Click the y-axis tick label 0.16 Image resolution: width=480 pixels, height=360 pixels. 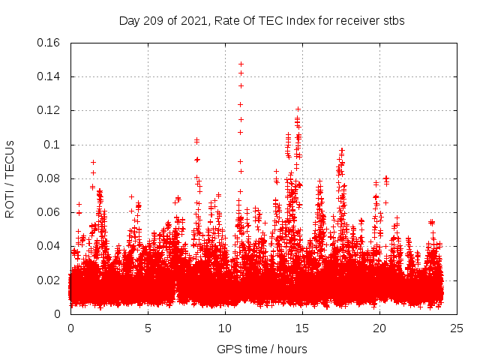(x=50, y=43)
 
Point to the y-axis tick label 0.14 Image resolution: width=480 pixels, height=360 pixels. (x=50, y=76)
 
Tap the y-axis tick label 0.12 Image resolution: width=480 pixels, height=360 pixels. (x=50, y=110)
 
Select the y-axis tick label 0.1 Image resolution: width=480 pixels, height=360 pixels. (x=53, y=145)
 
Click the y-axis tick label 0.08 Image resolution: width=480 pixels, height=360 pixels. (x=50, y=178)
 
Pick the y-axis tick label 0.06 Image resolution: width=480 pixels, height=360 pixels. (x=50, y=212)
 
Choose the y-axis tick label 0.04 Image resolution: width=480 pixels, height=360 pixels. (x=50, y=246)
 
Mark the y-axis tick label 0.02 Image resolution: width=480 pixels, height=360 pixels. (x=50, y=280)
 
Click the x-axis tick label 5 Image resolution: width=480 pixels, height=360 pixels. (x=148, y=328)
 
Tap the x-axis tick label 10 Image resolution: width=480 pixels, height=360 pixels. (x=225, y=328)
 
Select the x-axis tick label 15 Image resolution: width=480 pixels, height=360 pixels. (x=302, y=328)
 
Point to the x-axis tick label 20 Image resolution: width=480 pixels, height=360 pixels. (x=379, y=328)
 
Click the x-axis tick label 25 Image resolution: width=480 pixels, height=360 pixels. (x=457, y=328)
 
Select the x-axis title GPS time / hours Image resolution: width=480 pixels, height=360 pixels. (x=262, y=349)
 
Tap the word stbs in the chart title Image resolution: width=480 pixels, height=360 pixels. (x=393, y=20)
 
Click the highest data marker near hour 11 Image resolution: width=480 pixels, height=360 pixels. (x=241, y=64)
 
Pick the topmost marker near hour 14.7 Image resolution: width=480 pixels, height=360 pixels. (x=298, y=109)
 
